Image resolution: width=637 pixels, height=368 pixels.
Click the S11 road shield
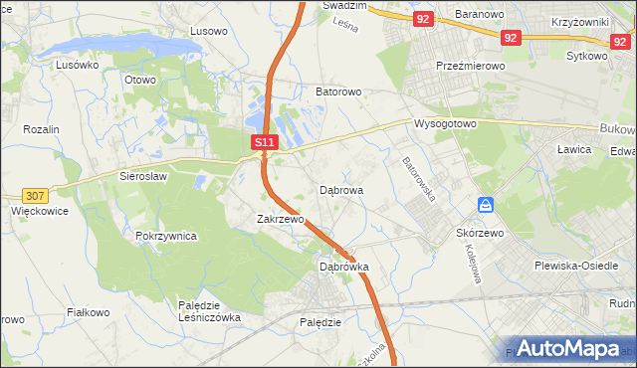[x=264, y=143]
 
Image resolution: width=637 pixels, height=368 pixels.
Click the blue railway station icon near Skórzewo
[x=486, y=205]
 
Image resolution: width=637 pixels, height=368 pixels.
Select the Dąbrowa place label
[x=340, y=189]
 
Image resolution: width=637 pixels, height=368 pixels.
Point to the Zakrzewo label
[x=279, y=219]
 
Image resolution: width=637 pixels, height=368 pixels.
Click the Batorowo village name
[x=337, y=92]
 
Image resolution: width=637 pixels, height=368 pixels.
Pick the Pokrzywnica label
[x=166, y=237]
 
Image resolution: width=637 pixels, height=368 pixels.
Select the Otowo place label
[x=140, y=80]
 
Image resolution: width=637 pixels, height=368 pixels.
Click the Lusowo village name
[x=208, y=31]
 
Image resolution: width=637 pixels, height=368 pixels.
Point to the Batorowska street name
[x=419, y=179]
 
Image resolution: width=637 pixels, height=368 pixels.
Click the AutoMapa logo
[x=571, y=348]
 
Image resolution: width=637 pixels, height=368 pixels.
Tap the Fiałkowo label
[x=88, y=312]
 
